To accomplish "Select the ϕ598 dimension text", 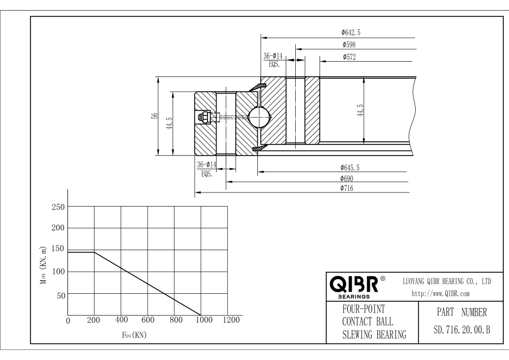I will [349, 45].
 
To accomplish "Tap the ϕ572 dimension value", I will [349, 57].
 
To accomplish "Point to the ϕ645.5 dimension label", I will [351, 168].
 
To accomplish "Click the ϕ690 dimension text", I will [348, 178].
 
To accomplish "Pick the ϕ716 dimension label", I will [348, 188].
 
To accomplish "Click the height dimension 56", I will [154, 115].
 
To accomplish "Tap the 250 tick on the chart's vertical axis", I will [57, 207].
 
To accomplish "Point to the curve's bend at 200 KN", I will [94, 252].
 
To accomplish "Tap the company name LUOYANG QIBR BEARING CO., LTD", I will [446, 281].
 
